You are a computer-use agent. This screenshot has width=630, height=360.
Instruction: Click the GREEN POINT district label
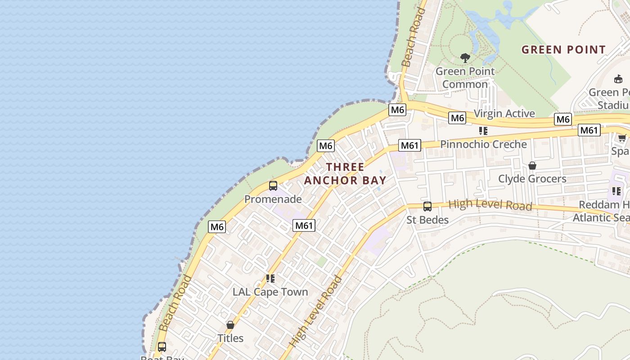click(x=563, y=49)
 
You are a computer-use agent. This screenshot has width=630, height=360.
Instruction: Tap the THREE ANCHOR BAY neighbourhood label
click(x=345, y=174)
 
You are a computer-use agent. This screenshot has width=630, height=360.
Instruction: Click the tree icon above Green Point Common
click(x=465, y=58)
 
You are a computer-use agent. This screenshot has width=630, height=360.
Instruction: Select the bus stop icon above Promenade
click(x=273, y=185)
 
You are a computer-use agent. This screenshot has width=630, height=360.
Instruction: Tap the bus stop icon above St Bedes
click(x=427, y=207)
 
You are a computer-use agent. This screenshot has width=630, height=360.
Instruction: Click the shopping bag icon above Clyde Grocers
click(x=532, y=166)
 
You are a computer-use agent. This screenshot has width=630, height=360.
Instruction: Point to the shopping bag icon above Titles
click(x=230, y=324)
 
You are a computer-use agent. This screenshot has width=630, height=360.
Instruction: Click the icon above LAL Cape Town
click(x=270, y=279)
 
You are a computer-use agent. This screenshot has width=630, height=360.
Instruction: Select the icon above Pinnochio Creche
click(x=483, y=131)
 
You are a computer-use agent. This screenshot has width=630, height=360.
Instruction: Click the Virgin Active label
click(x=504, y=113)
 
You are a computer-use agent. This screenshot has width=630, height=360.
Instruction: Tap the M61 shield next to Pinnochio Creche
click(x=409, y=145)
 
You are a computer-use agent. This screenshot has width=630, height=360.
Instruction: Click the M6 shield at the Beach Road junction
click(x=397, y=109)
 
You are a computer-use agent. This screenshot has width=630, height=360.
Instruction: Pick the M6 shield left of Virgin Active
click(x=457, y=118)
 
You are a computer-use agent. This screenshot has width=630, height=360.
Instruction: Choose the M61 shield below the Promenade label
click(x=304, y=225)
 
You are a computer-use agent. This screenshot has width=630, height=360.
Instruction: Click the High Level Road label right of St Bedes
click(x=490, y=205)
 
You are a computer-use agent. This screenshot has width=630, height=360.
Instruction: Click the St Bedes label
click(x=427, y=220)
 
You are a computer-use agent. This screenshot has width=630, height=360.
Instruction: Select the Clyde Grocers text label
click(x=532, y=179)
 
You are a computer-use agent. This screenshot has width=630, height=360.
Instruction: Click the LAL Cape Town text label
click(x=270, y=292)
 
